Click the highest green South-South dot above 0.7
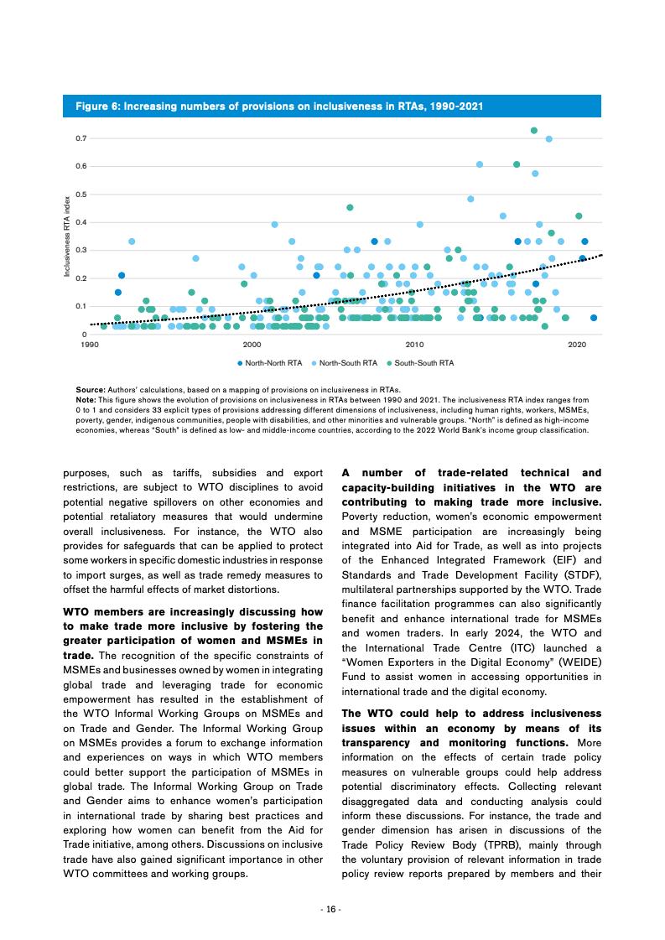click(534, 130)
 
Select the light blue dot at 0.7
click(549, 139)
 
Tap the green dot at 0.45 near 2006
click(350, 207)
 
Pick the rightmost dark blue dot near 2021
click(594, 318)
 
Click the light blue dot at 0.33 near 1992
click(132, 241)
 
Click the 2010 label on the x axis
click(414, 345)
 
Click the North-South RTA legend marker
click(314, 363)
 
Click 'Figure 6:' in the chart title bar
click(96, 106)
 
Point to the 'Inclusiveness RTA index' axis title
click(68, 236)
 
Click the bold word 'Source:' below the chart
click(90, 390)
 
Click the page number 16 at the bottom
click(332, 909)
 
